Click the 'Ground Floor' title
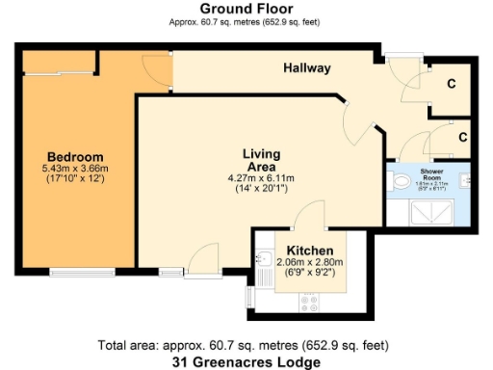[x=246, y=9]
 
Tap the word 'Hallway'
[x=307, y=68]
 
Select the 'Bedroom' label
[x=75, y=157]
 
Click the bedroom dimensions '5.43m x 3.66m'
[x=75, y=170]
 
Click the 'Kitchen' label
[x=304, y=248]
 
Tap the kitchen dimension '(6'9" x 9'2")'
[x=304, y=273]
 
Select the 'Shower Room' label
[x=437, y=173]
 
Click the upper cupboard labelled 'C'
[x=450, y=82]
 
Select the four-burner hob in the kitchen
[x=310, y=303]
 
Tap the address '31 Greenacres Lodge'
[x=246, y=361]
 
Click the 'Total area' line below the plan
[x=246, y=345]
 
